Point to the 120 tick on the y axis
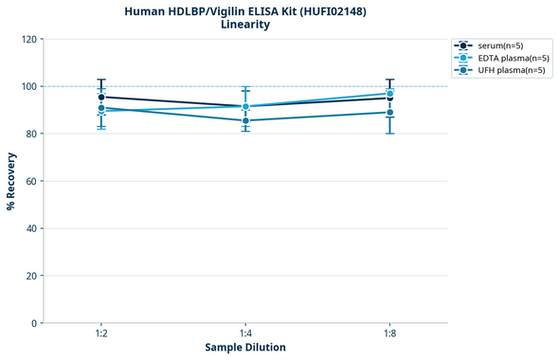tap(28, 39)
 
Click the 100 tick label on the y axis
tap(28, 86)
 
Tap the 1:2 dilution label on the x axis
tap(101, 333)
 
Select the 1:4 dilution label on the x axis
tap(245, 333)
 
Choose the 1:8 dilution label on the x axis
tap(389, 333)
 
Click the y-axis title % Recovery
tap(11, 181)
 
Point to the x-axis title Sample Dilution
tap(245, 348)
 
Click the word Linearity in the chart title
tap(245, 25)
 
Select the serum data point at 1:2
tap(101, 97)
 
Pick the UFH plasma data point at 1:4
tap(245, 120)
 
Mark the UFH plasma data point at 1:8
tap(389, 112)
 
